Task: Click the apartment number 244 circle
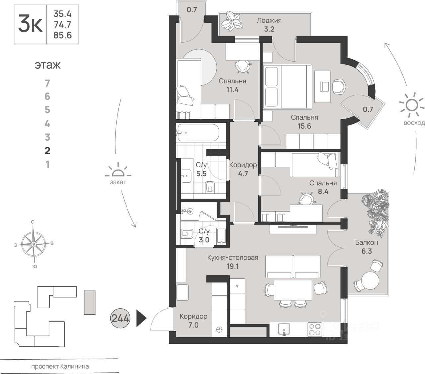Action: pyautogui.click(x=120, y=318)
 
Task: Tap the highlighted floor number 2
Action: pyautogui.click(x=47, y=151)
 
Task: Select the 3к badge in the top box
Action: pyautogui.click(x=30, y=25)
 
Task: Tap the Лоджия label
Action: pyautogui.click(x=269, y=20)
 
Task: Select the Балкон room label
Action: pyautogui.click(x=366, y=243)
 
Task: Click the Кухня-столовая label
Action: pyautogui.click(x=232, y=257)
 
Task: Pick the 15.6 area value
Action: pyautogui.click(x=304, y=126)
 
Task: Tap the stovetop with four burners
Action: pyautogui.click(x=315, y=329)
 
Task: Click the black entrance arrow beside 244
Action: pyautogui.click(x=141, y=318)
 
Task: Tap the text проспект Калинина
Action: pyautogui.click(x=60, y=367)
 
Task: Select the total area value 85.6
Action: pyautogui.click(x=62, y=35)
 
